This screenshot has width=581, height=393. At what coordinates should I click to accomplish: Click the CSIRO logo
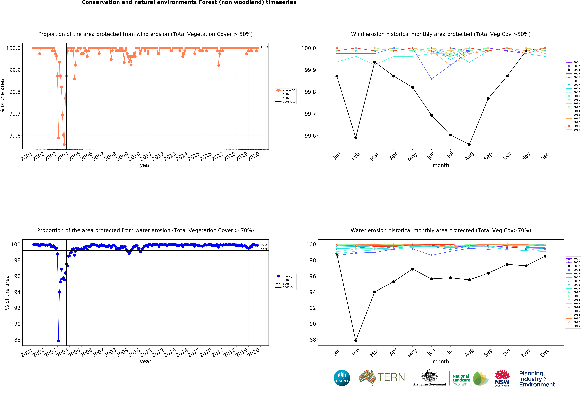click(x=342, y=378)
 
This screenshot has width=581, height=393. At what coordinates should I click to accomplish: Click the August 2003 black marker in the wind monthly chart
click(x=469, y=144)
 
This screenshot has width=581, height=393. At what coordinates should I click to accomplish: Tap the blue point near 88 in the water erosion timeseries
click(x=59, y=341)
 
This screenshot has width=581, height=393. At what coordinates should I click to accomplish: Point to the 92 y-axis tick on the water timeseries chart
click(x=17, y=308)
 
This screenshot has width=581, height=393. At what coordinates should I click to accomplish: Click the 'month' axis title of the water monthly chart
click(x=441, y=361)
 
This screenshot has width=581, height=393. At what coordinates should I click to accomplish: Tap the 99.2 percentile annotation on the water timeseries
click(x=263, y=250)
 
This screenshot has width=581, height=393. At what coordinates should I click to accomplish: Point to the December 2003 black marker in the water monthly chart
click(x=545, y=256)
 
